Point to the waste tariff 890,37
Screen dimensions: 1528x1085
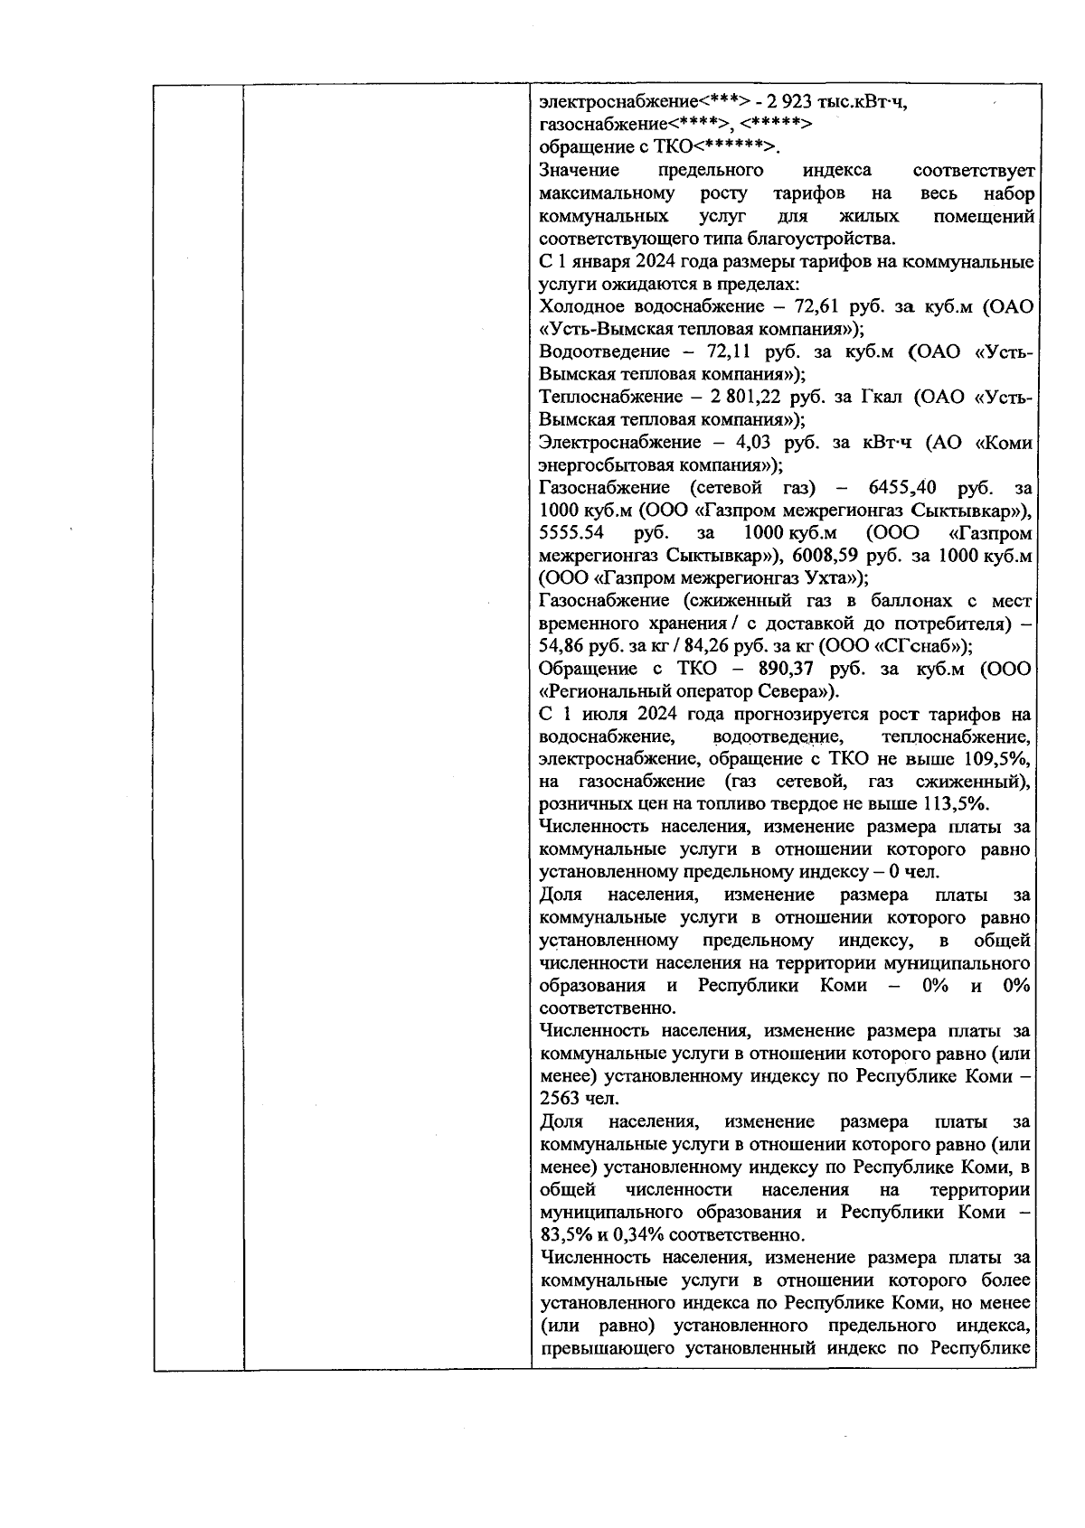coord(784,670)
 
